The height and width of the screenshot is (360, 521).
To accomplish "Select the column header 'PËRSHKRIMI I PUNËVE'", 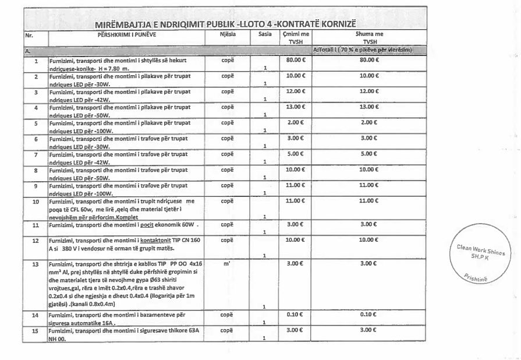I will [129, 35].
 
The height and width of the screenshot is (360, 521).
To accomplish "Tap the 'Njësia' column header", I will [228, 35].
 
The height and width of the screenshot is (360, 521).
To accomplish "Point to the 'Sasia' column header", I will [265, 35].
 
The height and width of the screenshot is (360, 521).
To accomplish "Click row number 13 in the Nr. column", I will [36, 264].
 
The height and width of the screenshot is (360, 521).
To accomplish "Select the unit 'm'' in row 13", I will [227, 264].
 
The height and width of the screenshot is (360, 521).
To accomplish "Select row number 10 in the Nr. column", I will [36, 200].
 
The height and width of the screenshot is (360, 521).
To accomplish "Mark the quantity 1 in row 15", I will [265, 338].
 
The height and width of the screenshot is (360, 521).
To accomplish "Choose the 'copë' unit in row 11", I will [227, 224].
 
